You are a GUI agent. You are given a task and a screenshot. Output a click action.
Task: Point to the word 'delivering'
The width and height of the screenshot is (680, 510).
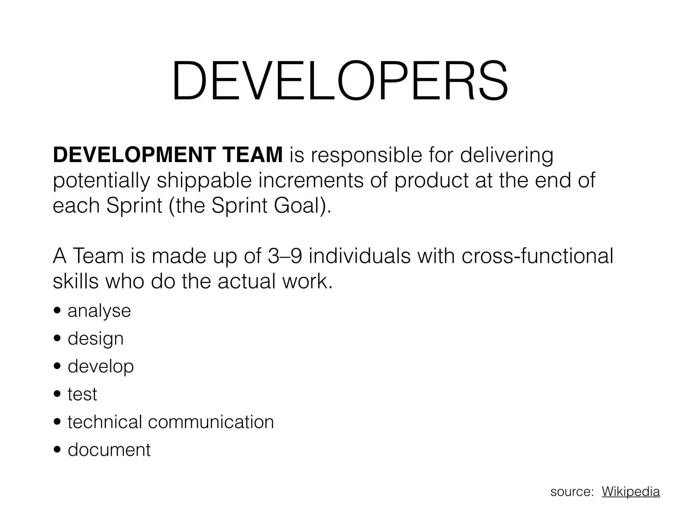pos(507,155)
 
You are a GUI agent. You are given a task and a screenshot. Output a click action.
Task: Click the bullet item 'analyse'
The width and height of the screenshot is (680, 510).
pos(99,311)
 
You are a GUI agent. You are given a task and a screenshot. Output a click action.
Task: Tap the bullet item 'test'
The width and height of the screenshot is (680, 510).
pos(82,394)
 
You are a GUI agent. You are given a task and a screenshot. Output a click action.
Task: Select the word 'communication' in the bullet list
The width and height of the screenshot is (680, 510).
pos(211,422)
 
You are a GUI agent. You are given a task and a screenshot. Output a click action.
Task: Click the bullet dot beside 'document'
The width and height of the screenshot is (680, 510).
pos(57,450)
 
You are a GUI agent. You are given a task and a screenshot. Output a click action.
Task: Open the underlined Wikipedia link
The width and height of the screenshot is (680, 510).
pos(631,491)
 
